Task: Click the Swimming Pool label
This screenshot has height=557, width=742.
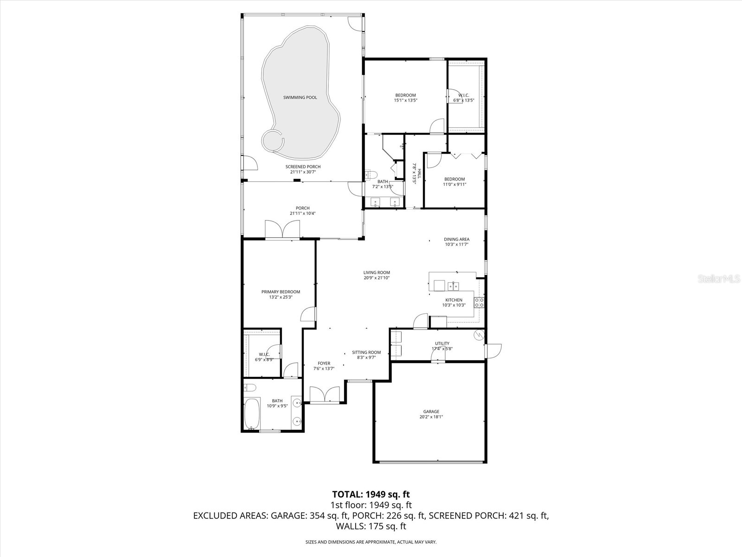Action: [300, 97]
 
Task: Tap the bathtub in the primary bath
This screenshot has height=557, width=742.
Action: [252, 414]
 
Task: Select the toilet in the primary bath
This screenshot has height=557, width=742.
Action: [249, 388]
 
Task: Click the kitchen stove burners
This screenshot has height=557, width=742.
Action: [479, 303]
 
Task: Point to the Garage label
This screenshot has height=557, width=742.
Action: [431, 412]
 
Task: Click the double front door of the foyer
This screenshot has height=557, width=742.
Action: [325, 395]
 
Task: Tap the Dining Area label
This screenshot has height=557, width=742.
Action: [456, 240]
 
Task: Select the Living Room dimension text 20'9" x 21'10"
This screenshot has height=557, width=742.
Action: [377, 278]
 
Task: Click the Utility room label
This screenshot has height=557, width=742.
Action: [442, 343]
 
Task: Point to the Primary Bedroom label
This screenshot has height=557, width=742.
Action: [281, 292]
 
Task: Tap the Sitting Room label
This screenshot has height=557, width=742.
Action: [366, 352]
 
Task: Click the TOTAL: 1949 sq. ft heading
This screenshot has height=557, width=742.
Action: [371, 494]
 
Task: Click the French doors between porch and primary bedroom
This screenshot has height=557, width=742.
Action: [282, 229]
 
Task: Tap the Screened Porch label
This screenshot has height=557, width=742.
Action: [303, 167]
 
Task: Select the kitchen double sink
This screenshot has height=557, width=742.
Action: [454, 285]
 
